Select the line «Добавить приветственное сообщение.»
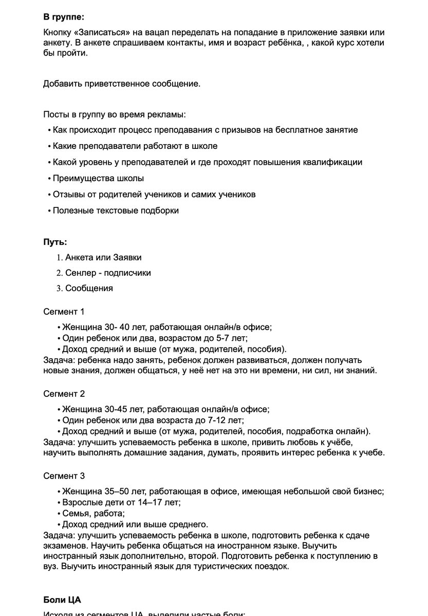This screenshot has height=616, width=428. click(x=122, y=84)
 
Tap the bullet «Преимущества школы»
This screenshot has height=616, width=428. click(x=98, y=179)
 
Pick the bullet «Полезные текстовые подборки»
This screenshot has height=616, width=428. click(x=116, y=210)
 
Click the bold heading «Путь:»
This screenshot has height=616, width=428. click(x=55, y=242)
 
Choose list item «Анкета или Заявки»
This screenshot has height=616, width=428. click(x=103, y=257)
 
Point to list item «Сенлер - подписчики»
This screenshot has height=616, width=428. click(x=108, y=273)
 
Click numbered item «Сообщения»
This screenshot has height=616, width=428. click(x=89, y=288)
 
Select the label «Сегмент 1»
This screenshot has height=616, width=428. click(x=64, y=312)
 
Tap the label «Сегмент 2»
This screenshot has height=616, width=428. click(x=64, y=394)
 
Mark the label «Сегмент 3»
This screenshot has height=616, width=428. click(x=64, y=476)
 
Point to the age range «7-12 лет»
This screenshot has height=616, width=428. click(x=227, y=420)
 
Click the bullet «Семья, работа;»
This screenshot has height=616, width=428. click(x=94, y=513)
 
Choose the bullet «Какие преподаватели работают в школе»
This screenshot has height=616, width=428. click(x=135, y=146)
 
